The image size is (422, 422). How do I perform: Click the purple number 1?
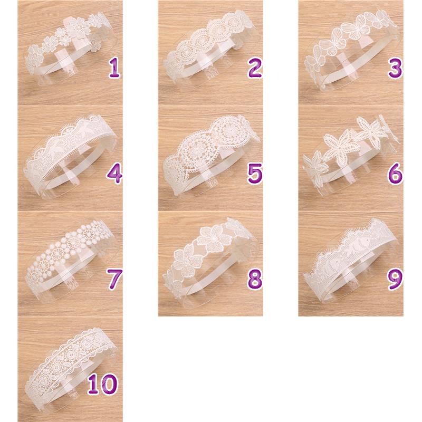[114, 68]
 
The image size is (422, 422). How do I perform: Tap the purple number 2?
[254, 68]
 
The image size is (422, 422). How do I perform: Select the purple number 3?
[395, 68]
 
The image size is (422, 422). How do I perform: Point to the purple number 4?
[114, 174]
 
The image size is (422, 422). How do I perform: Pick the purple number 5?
[255, 174]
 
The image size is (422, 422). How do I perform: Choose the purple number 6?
[395, 174]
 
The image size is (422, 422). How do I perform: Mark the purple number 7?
[114, 279]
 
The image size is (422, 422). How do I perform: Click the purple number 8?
[255, 279]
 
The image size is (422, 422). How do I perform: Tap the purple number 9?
[395, 279]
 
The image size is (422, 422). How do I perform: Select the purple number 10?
[102, 385]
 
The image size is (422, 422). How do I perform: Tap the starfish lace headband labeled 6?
[350, 154]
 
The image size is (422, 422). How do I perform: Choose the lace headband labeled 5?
[210, 154]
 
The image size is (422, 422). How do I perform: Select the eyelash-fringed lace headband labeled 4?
[70, 154]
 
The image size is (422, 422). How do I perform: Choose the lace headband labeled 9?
[350, 258]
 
